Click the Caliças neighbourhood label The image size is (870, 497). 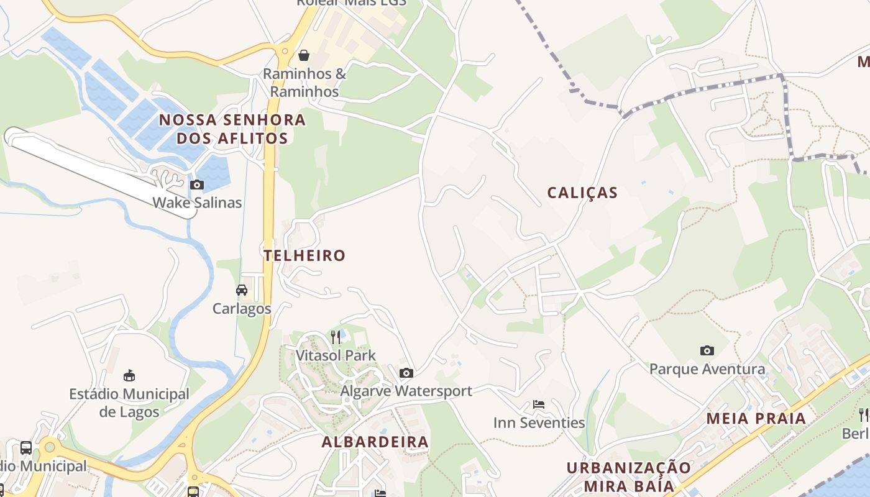tap(582, 193)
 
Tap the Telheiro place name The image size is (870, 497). tap(304, 255)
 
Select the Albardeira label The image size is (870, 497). tap(375, 442)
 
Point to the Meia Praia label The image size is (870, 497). tap(756, 418)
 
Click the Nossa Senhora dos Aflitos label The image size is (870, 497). tap(232, 129)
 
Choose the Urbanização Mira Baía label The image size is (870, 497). tap(629, 476)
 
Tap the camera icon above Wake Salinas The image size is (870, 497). tap(197, 185)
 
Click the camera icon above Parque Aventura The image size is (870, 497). tap(707, 350)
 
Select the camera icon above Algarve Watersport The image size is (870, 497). tap(406, 373)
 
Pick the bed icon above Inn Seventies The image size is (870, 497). tap(539, 404)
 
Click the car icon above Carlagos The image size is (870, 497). tap(242, 290)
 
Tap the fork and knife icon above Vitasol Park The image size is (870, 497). tap(336, 337)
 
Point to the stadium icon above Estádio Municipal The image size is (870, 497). tap(129, 375)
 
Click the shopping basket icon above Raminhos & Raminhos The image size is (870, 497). tap(304, 55)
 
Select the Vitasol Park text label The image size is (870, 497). tap(336, 355)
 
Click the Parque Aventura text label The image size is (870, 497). tap(707, 369)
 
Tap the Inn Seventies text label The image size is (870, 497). tap(539, 423)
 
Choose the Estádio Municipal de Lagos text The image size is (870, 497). tap(129, 403)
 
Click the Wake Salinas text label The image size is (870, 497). tap(197, 203)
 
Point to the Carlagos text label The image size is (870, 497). tap(242, 308)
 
